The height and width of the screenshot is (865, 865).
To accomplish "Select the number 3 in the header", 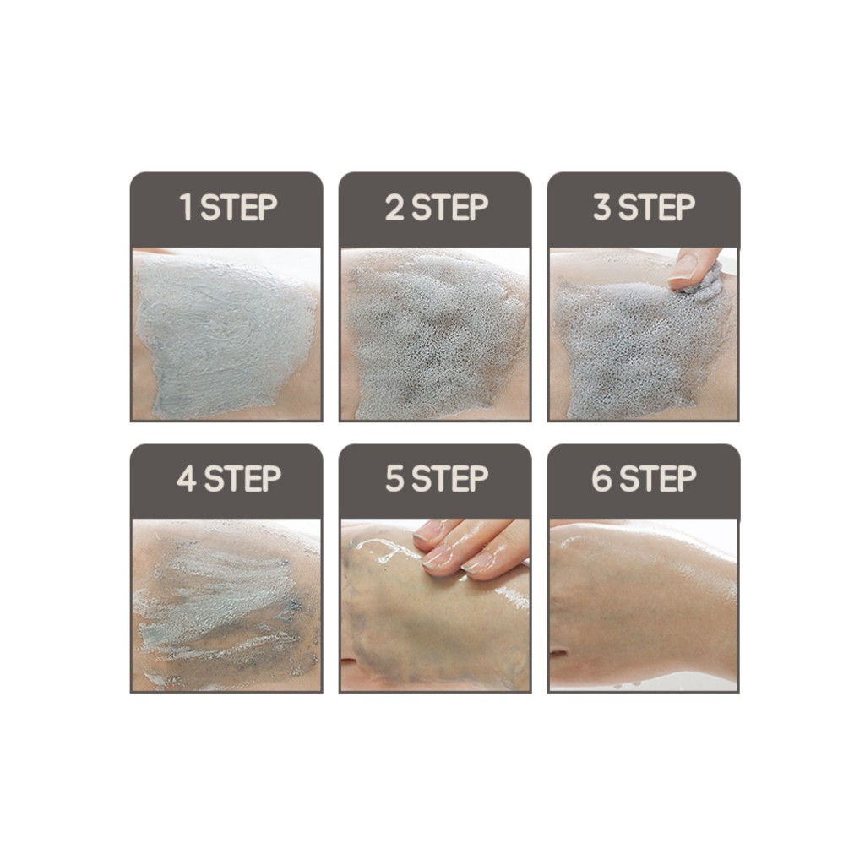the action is (601, 208).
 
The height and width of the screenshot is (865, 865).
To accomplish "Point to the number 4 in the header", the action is (187, 478).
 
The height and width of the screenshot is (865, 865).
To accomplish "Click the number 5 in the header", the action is (394, 478).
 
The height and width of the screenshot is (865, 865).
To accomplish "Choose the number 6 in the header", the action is (601, 478).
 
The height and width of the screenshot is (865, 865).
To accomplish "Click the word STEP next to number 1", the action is (238, 208).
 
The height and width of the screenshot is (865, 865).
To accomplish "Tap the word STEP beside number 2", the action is (449, 208).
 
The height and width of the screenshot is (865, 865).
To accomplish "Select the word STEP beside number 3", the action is (656, 208).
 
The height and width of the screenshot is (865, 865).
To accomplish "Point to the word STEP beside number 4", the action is (242, 478).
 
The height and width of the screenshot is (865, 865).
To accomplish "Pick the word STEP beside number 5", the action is (449, 478).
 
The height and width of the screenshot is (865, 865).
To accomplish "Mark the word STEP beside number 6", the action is (657, 478).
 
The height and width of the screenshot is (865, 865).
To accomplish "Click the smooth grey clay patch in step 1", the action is (223, 336).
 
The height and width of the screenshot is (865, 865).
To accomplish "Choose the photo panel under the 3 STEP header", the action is (644, 335).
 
